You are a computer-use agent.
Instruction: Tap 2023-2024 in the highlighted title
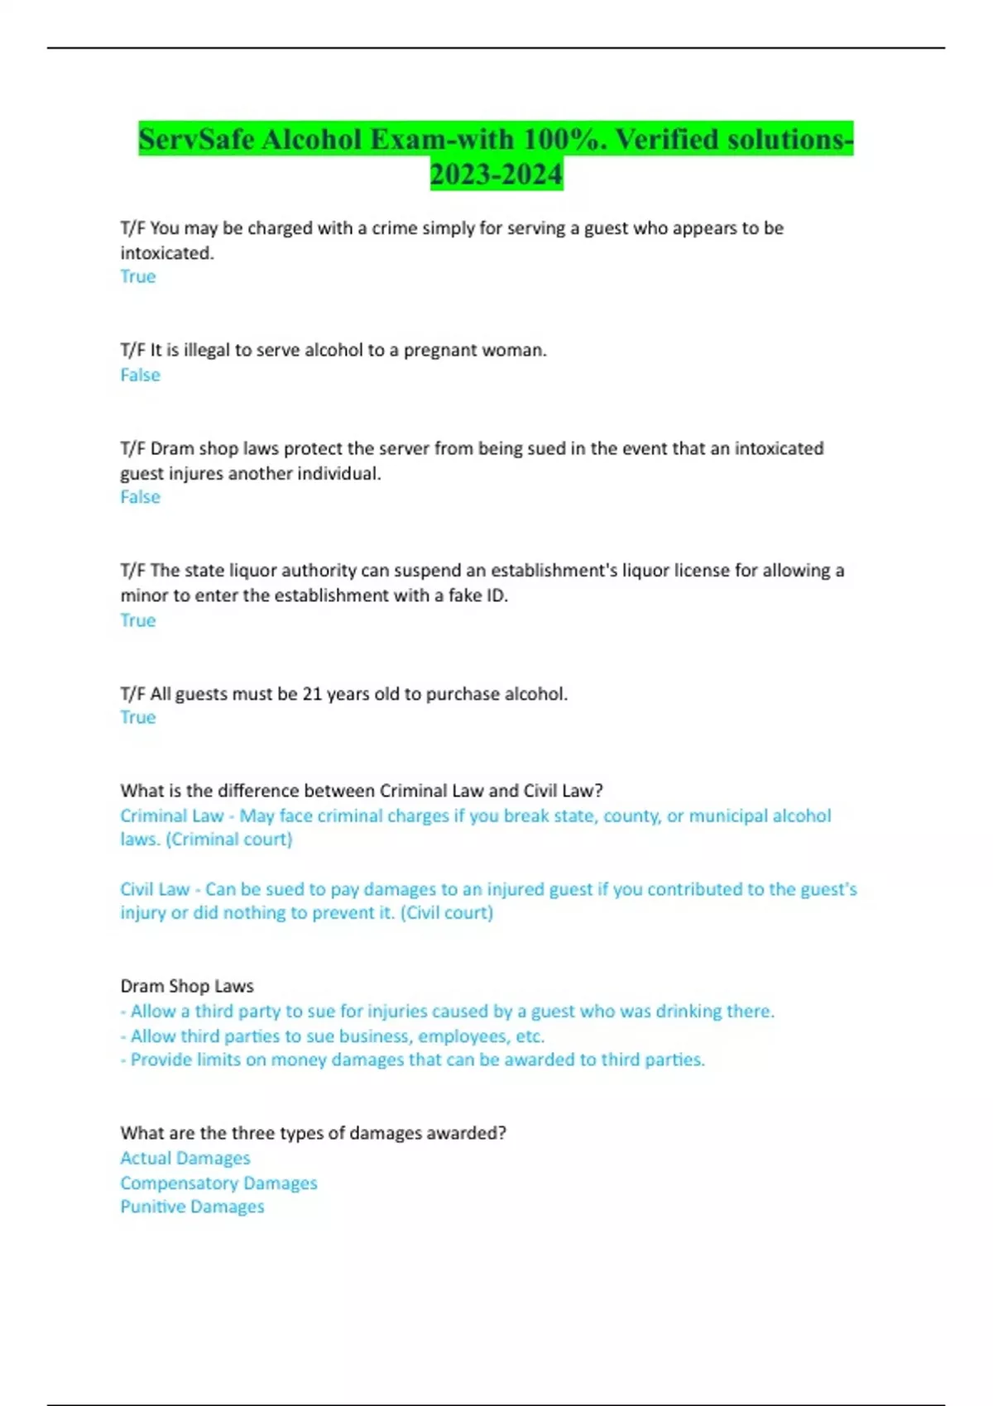pyautogui.click(x=496, y=174)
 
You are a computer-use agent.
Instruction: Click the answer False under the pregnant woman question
pyautogui.click(x=140, y=375)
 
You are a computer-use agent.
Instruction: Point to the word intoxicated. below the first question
pyautogui.click(x=167, y=253)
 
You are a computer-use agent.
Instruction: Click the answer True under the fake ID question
pyautogui.click(x=137, y=620)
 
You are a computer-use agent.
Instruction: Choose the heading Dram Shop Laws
pyautogui.click(x=187, y=986)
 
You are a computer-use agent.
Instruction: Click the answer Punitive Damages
pyautogui.click(x=192, y=1207)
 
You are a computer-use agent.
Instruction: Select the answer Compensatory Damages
pyautogui.click(x=218, y=1183)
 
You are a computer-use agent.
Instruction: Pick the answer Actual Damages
pyautogui.click(x=185, y=1158)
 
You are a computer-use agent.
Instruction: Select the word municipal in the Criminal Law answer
pyautogui.click(x=731, y=815)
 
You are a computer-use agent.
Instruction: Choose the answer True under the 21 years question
pyautogui.click(x=137, y=717)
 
